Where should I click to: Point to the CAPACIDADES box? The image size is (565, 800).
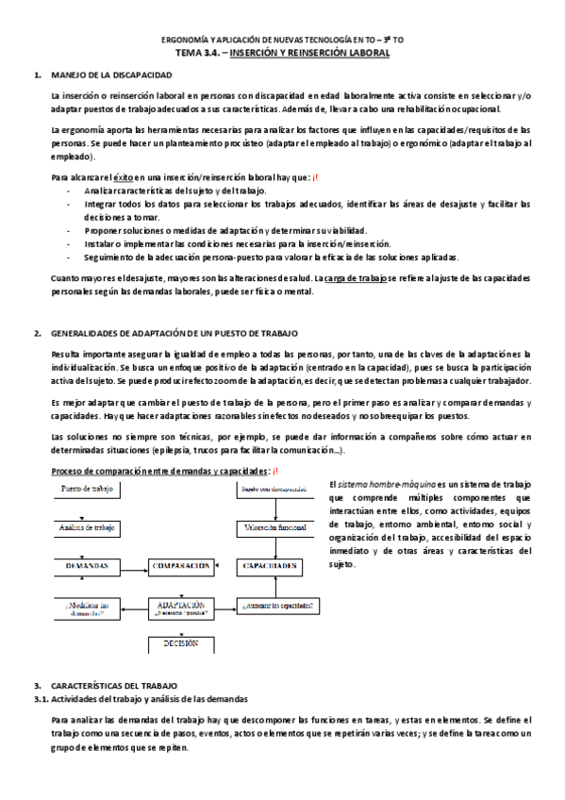[269, 565]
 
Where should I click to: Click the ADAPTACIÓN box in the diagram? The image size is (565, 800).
[178, 607]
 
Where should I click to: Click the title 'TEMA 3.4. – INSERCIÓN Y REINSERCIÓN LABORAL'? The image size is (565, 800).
[283, 54]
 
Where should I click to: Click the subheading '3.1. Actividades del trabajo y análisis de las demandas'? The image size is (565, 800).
[141, 698]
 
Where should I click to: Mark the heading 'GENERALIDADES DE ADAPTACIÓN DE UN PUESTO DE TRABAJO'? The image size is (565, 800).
[174, 333]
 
